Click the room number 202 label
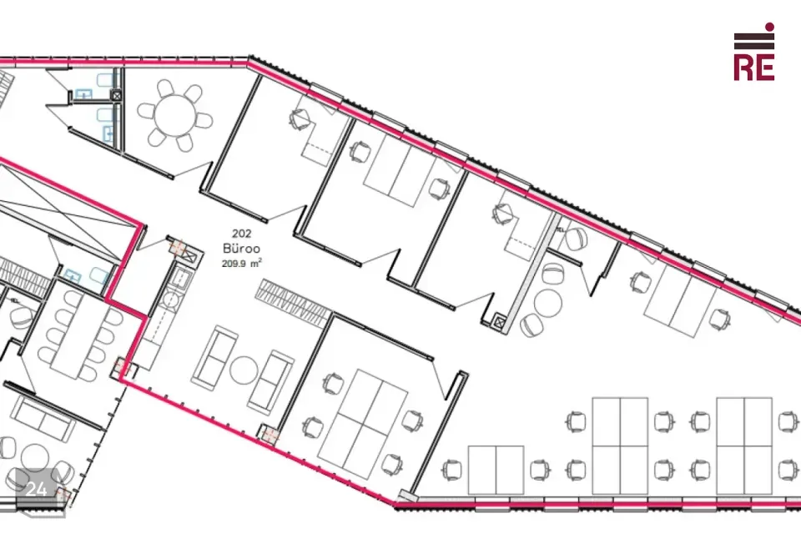click(242, 234)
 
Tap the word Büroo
click(242, 249)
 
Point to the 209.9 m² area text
click(242, 264)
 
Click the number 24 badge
click(36, 489)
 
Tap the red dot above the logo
click(769, 27)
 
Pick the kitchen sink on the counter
click(181, 278)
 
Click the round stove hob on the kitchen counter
click(170, 300)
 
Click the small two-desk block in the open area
click(496, 470)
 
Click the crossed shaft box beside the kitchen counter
click(189, 255)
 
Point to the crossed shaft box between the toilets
click(117, 95)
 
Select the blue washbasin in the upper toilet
click(83, 94)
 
